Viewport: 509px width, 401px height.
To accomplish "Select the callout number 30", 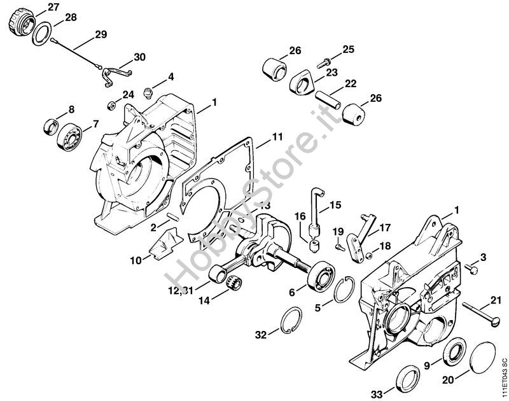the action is click(139, 57).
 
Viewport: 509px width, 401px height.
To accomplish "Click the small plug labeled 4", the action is click(148, 92).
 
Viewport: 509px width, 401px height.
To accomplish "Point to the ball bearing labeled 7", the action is click(69, 137).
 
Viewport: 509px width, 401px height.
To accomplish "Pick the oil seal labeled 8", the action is click(51, 127).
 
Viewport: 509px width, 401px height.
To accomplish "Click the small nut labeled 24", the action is click(111, 105).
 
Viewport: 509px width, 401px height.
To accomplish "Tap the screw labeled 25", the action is click(324, 62).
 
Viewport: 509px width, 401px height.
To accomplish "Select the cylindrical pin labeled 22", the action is click(328, 100).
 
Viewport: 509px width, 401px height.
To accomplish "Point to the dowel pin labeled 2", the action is click(172, 216).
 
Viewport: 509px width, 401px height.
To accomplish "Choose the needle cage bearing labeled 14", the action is click(234, 281).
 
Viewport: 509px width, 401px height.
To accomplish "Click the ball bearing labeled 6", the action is click(322, 274).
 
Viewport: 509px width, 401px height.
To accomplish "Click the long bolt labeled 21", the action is click(480, 313).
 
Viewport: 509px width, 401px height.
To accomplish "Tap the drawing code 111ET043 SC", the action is click(503, 376).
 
